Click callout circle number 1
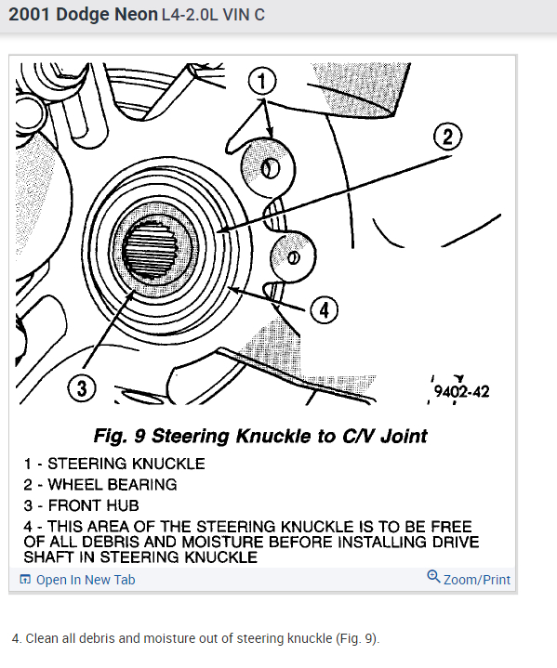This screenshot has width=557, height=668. (262, 81)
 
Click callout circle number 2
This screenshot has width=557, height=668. (447, 137)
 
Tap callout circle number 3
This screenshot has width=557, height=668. (82, 388)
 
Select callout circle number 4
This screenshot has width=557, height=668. (325, 309)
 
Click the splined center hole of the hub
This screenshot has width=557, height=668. (150, 249)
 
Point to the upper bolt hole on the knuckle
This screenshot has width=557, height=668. (270, 169)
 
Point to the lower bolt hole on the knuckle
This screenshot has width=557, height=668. (294, 257)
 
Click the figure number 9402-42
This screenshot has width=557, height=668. (462, 391)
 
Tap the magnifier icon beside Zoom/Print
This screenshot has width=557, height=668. (433, 576)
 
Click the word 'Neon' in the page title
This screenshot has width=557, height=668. (137, 15)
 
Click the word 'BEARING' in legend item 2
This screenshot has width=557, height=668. (142, 484)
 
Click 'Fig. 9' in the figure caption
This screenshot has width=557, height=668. (120, 436)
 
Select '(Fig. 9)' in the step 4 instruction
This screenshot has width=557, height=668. (356, 638)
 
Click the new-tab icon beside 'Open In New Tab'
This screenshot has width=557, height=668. (25, 580)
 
